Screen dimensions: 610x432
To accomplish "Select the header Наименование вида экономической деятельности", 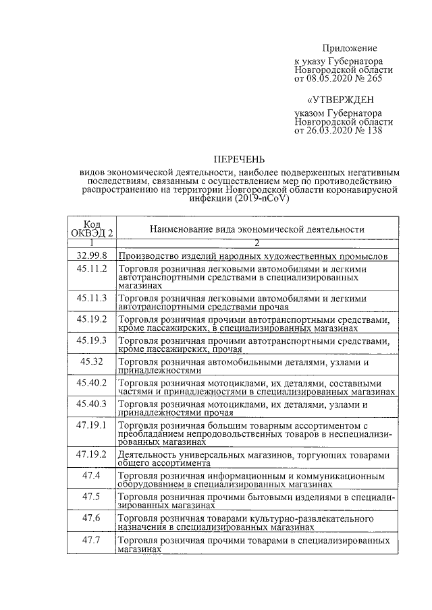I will [x=257, y=229].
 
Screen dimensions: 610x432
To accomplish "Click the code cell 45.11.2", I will [x=92, y=268].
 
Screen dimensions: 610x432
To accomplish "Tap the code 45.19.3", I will [x=92, y=340].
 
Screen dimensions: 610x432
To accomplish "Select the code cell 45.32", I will [x=92, y=362].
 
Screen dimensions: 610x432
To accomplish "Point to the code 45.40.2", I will [x=92, y=383].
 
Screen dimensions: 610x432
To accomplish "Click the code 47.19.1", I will [x=92, y=425].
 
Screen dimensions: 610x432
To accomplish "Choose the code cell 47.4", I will [x=92, y=476].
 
